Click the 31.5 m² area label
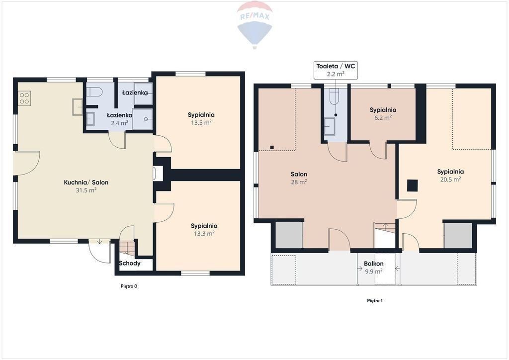(86, 190)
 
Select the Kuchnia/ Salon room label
(86, 182)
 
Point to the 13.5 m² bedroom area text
(201, 122)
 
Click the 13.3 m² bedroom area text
(204, 233)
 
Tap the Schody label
(130, 263)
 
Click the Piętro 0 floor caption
(129, 286)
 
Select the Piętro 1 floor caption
(375, 301)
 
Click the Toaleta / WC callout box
(336, 70)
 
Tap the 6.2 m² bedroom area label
(383, 117)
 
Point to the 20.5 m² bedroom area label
(450, 180)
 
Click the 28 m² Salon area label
(299, 182)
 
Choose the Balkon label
(374, 264)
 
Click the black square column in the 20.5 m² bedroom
(413, 185)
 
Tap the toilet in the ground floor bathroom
(94, 92)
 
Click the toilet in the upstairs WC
(334, 96)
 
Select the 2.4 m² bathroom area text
(119, 123)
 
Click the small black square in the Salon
(272, 147)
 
